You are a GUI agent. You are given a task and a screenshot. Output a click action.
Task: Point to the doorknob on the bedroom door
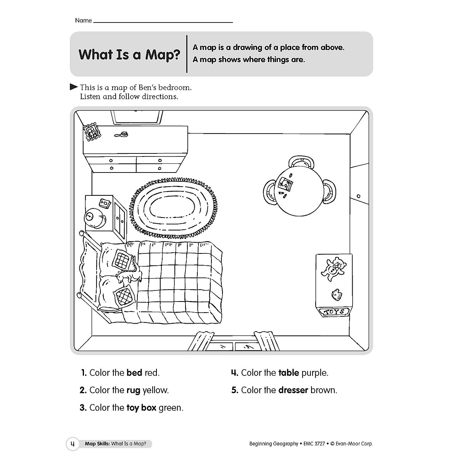point(358,196)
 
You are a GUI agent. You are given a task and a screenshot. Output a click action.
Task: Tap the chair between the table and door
point(329,191)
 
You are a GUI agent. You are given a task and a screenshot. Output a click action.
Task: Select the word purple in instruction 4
point(314,373)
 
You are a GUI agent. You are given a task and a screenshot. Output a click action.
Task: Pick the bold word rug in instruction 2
point(133,390)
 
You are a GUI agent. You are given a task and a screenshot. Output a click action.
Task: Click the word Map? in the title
point(162,55)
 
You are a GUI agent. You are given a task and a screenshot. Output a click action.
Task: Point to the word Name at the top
point(83,21)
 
